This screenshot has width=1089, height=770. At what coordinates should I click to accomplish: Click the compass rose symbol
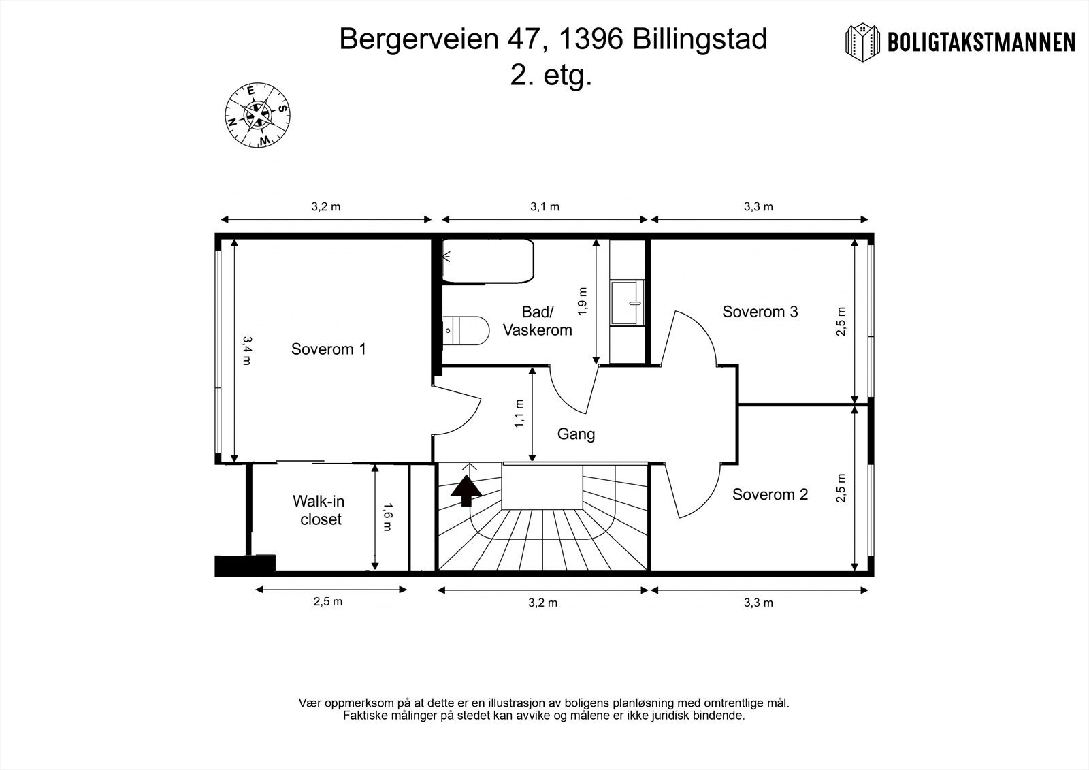click(x=258, y=115)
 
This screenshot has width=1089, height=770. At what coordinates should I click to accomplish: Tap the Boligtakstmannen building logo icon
click(x=862, y=43)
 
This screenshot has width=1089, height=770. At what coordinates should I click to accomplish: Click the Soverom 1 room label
click(x=328, y=349)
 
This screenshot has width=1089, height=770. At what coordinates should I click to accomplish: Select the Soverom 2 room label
click(x=770, y=494)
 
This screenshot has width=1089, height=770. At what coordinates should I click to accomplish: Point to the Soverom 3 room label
click(x=760, y=311)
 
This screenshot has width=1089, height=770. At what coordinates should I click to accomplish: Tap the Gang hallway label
click(x=576, y=434)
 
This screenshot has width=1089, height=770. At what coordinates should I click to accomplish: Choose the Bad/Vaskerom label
click(x=537, y=321)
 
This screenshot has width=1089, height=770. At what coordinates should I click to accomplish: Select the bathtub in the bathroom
click(x=487, y=261)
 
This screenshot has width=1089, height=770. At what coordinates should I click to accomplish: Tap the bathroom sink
click(x=627, y=302)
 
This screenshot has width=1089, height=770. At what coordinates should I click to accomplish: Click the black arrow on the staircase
click(x=466, y=490)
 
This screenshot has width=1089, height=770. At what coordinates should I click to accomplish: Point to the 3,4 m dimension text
click(x=247, y=350)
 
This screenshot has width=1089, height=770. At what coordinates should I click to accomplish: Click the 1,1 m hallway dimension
click(x=519, y=413)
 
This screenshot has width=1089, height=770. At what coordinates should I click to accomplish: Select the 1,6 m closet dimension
click(x=387, y=517)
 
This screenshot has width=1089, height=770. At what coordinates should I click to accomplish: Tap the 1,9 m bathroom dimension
click(x=583, y=301)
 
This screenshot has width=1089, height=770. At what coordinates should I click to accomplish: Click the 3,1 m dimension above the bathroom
click(x=544, y=207)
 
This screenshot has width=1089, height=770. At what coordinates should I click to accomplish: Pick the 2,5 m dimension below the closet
click(x=327, y=602)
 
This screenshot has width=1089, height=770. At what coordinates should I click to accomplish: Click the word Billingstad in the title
click(x=700, y=39)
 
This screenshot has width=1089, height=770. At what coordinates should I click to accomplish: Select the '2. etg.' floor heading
click(x=551, y=76)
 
